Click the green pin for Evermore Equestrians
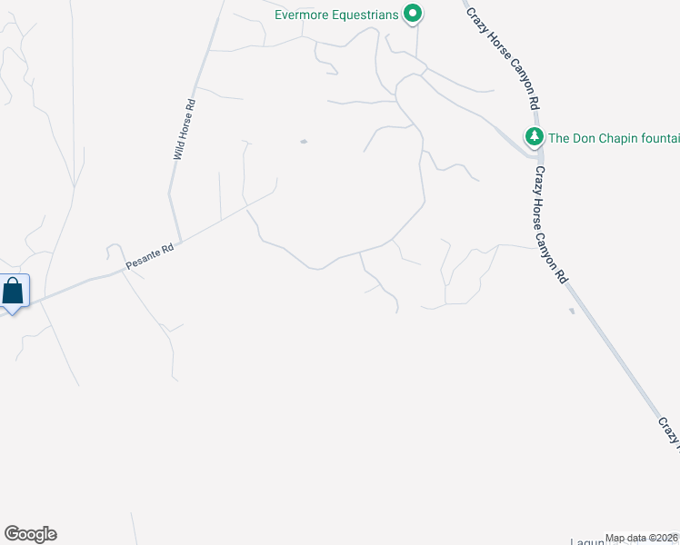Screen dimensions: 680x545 click(x=413, y=14)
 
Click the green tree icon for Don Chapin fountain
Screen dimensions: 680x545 click(x=534, y=137)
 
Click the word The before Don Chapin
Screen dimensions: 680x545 click(x=559, y=138)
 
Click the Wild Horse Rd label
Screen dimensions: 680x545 click(x=184, y=131)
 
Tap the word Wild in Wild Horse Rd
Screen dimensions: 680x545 click(x=179, y=150)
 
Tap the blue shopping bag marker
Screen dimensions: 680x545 click(x=14, y=292)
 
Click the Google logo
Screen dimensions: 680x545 click(x=30, y=534)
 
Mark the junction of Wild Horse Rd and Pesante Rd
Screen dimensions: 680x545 click(x=179, y=242)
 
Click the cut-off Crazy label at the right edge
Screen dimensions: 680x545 click(x=670, y=431)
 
